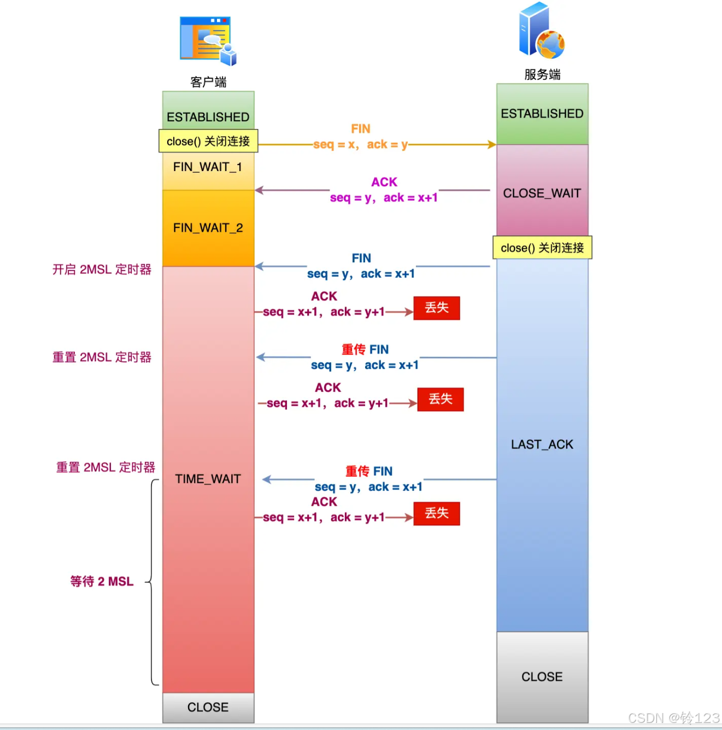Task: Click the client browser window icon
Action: (207, 40)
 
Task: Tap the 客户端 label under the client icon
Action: (208, 82)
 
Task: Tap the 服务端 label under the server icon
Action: (542, 74)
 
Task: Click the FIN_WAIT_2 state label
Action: (208, 228)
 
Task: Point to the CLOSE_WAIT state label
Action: (542, 193)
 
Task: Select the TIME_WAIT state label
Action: (208, 479)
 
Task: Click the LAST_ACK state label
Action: (542, 445)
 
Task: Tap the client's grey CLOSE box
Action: (208, 708)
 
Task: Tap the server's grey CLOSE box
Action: (542, 677)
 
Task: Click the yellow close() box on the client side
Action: (208, 141)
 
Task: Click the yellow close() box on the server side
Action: (542, 248)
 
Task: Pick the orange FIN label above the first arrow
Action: (361, 129)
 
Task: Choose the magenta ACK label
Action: (384, 182)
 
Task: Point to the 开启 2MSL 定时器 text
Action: (102, 269)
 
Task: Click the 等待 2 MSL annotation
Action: (102, 581)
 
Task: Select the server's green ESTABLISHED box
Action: (542, 114)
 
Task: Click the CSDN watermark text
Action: (673, 718)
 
